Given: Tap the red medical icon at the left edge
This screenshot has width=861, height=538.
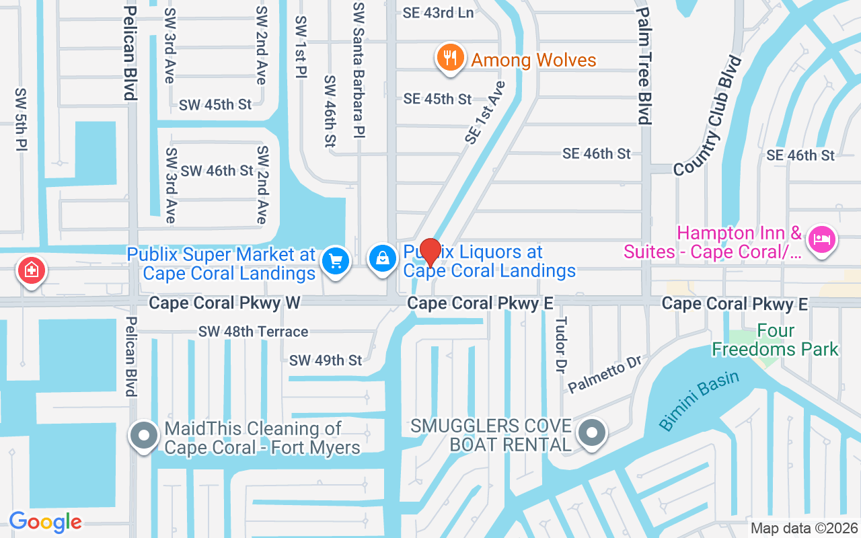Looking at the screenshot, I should click(x=31, y=271).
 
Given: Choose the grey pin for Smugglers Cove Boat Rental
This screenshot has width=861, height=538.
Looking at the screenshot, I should click(x=593, y=433).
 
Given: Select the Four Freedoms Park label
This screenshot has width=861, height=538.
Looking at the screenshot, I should click(x=775, y=340).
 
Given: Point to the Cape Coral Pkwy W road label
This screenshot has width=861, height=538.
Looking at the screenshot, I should click(x=225, y=303).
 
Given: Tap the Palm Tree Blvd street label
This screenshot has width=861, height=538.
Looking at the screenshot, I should click(x=644, y=65).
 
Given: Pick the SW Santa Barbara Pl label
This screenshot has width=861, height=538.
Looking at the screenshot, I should click(x=359, y=69).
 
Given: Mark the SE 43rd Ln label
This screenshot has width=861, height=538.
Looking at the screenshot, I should click(x=438, y=13).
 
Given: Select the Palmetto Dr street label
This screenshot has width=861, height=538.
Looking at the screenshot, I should click(x=605, y=375).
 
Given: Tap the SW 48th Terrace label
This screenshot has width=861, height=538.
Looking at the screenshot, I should click(x=253, y=332).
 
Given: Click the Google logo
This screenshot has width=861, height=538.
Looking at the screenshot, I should click(x=45, y=522).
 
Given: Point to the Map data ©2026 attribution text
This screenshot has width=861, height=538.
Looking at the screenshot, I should click(x=804, y=528).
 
